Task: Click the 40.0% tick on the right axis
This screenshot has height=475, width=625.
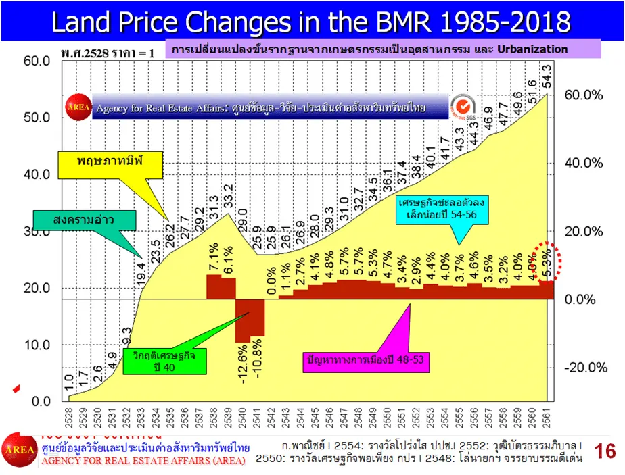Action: [x=583, y=164]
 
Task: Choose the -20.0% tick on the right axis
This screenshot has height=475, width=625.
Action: [x=583, y=368]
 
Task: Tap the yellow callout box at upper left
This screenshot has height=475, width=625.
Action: [x=112, y=162]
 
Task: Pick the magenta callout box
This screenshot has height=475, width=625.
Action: [x=365, y=359]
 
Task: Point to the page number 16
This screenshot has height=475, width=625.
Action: [x=605, y=451]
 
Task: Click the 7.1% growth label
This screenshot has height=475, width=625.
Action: [x=213, y=261]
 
